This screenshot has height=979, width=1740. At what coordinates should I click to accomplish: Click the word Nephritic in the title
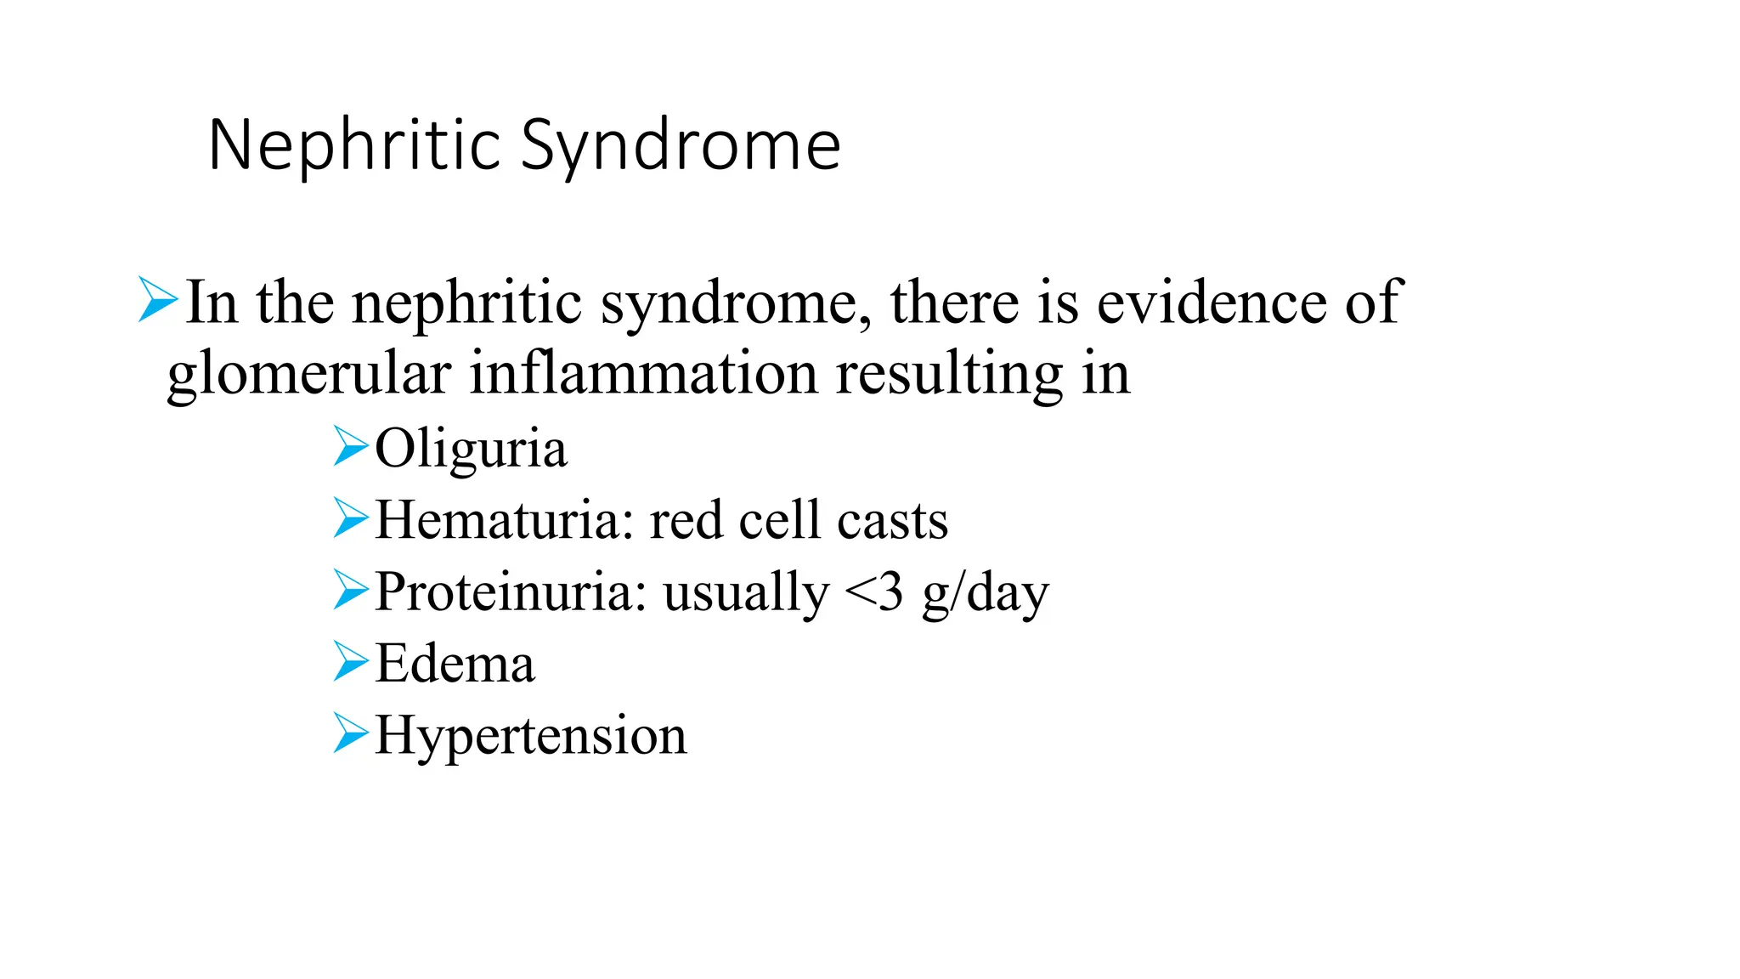click(355, 145)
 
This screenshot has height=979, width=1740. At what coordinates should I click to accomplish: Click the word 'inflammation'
click(643, 374)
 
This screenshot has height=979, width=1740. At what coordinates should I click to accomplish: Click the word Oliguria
click(471, 449)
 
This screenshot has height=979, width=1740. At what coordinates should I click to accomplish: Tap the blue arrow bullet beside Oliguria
click(351, 446)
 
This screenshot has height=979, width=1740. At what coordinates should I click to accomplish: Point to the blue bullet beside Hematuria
click(351, 518)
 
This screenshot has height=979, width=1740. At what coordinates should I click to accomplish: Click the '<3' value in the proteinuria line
click(874, 591)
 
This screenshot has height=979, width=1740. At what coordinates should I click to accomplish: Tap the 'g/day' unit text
click(986, 593)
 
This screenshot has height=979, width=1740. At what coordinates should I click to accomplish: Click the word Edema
click(455, 664)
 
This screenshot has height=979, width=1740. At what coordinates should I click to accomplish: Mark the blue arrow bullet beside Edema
click(351, 661)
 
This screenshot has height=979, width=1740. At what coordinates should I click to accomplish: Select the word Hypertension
click(530, 736)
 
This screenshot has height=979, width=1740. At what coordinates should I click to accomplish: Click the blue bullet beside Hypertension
click(351, 733)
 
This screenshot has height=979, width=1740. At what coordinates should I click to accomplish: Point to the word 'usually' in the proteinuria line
click(746, 593)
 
